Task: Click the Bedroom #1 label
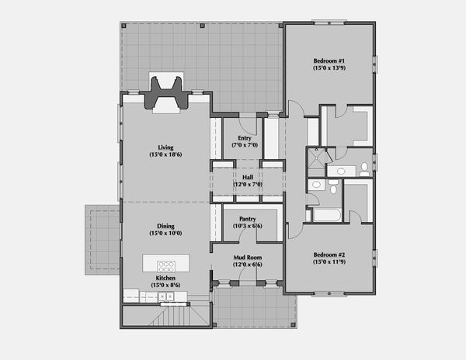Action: [329, 61]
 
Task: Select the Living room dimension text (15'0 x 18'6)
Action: [165, 155]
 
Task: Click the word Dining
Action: [165, 225]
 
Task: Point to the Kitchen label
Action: [165, 278]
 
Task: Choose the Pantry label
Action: [249, 219]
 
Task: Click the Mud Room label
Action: [249, 257]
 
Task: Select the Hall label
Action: [249, 176]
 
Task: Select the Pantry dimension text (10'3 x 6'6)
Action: [249, 227]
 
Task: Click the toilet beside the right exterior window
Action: [363, 168]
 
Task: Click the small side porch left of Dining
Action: [102, 238]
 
